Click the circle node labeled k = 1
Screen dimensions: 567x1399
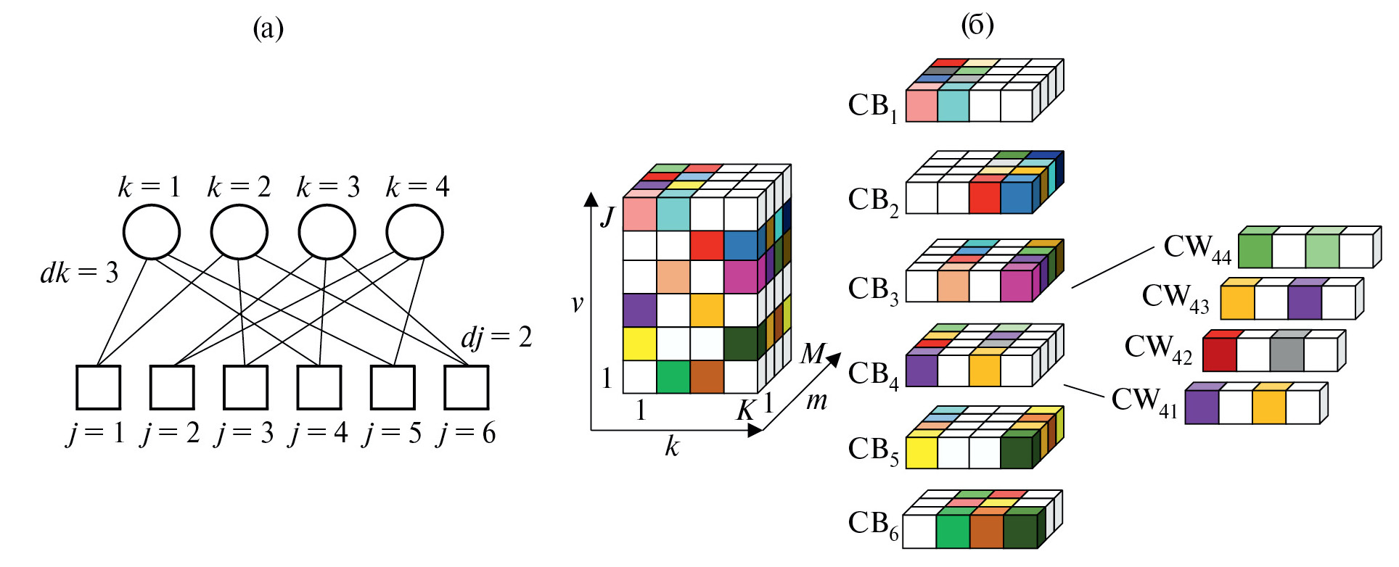pyautogui.click(x=152, y=232)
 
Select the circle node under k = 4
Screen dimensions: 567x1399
pyautogui.click(x=414, y=232)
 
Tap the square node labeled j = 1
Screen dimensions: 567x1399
pyautogui.click(x=99, y=387)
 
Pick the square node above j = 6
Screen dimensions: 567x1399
pyautogui.click(x=466, y=387)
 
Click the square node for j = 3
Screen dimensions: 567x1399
pyautogui.click(x=245, y=387)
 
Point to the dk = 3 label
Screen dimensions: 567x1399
pyautogui.click(x=79, y=273)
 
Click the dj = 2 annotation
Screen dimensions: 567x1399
pyautogui.click(x=496, y=337)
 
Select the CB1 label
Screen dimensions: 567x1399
pyautogui.click(x=873, y=107)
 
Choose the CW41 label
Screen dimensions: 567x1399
pyautogui.click(x=1144, y=400)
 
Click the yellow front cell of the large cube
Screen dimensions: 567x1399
pyautogui.click(x=639, y=344)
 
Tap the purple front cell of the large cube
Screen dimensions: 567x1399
pyautogui.click(x=639, y=310)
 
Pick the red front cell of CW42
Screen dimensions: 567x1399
pyautogui.click(x=1219, y=355)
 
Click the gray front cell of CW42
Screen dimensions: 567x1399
pyautogui.click(x=1287, y=355)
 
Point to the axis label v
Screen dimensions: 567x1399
pyautogui.click(x=578, y=303)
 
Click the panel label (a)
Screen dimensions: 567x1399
pyautogui.click(x=268, y=29)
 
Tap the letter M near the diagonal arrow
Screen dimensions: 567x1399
pyautogui.click(x=813, y=354)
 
